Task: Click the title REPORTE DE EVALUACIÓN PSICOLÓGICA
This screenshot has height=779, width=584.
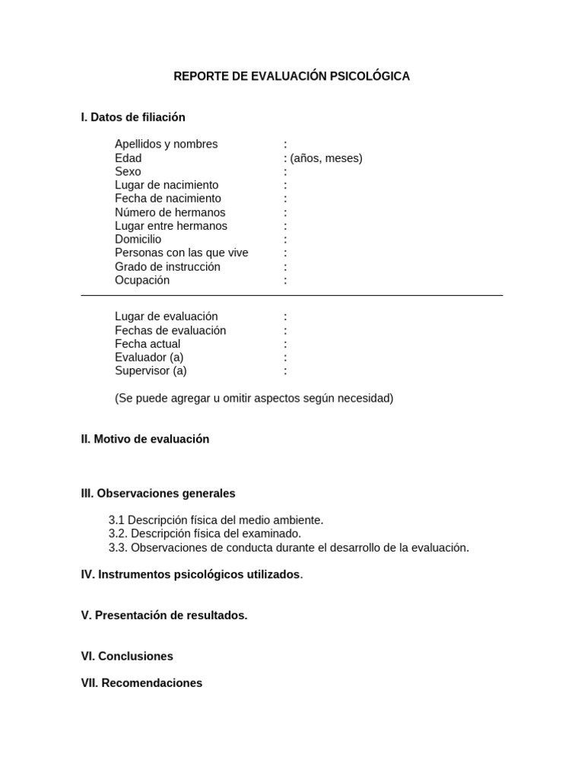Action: (x=291, y=76)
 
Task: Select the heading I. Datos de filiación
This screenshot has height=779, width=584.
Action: (x=133, y=117)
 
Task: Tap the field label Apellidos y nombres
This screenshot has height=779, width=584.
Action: (x=166, y=144)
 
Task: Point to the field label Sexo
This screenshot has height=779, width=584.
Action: (x=128, y=172)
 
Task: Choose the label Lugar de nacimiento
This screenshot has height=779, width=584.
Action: (x=167, y=185)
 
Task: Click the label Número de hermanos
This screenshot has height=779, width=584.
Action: (x=170, y=212)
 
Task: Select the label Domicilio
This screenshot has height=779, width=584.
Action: (x=138, y=240)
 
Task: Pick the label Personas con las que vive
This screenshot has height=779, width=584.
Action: (x=181, y=253)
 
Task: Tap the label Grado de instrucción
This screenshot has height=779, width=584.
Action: (x=167, y=266)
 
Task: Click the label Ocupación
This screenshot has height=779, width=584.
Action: (x=142, y=280)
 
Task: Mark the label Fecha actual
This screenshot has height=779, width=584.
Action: (x=148, y=344)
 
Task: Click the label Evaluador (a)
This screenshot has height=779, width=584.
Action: (x=149, y=358)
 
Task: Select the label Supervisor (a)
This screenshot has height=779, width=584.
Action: (x=151, y=371)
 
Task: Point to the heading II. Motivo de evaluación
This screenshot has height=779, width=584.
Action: (x=144, y=439)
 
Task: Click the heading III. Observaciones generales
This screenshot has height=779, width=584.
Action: (x=158, y=493)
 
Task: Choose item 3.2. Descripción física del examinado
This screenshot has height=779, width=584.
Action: (x=205, y=533)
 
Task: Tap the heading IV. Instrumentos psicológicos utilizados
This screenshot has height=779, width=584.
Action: (x=191, y=574)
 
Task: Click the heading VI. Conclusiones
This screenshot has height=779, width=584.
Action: (x=127, y=656)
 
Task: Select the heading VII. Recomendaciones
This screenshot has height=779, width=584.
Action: (x=141, y=683)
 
